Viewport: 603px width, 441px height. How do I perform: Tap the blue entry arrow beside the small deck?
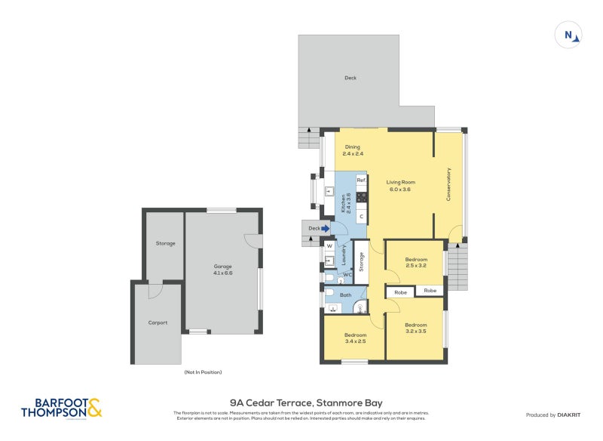pyautogui.click(x=326, y=228)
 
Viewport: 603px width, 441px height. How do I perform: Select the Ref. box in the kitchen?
pyautogui.click(x=361, y=180)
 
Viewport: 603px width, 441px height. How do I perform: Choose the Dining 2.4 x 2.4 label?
pyautogui.click(x=353, y=150)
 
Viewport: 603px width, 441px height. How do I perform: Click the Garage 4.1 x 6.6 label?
pyautogui.click(x=222, y=270)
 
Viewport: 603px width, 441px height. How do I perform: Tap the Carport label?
pyautogui.click(x=158, y=322)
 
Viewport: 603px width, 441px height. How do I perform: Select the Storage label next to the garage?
pyautogui.click(x=166, y=243)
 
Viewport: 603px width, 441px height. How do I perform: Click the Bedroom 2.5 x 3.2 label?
pyautogui.click(x=416, y=263)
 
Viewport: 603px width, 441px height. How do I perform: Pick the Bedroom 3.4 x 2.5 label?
pyautogui.click(x=356, y=338)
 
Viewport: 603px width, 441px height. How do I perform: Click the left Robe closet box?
pyautogui.click(x=401, y=291)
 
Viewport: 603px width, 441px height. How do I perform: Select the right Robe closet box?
pyautogui.click(x=430, y=291)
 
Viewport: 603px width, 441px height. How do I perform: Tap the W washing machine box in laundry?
pyautogui.click(x=329, y=245)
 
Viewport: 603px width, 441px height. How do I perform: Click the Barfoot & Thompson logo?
pyautogui.click(x=61, y=409)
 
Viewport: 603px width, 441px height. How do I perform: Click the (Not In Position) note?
pyautogui.click(x=203, y=372)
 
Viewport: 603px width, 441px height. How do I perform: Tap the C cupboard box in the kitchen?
pyautogui.click(x=361, y=217)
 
